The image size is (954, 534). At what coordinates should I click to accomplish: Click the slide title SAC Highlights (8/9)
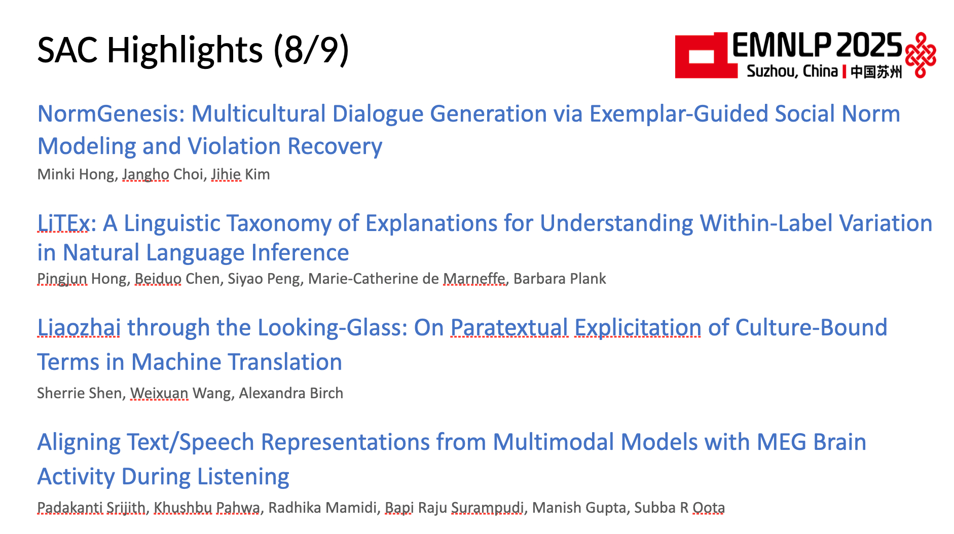pyautogui.click(x=193, y=50)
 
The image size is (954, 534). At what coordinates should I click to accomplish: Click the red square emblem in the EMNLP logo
pyautogui.click(x=706, y=56)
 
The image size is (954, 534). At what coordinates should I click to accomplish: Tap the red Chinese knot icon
pyautogui.click(x=921, y=55)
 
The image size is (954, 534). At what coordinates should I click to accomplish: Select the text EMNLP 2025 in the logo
pyautogui.click(x=817, y=46)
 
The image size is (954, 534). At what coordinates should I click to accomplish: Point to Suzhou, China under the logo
pyautogui.click(x=792, y=71)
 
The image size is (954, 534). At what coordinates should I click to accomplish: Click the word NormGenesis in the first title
pyautogui.click(x=111, y=113)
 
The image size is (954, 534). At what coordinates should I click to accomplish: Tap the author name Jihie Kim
pyautogui.click(x=240, y=174)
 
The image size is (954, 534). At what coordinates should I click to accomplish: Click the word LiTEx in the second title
pyautogui.click(x=63, y=223)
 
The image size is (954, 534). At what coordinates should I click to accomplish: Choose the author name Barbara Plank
pyautogui.click(x=560, y=279)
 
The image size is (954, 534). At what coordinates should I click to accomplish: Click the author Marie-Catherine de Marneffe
pyautogui.click(x=407, y=279)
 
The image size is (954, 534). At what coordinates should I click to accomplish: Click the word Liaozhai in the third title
pyautogui.click(x=79, y=327)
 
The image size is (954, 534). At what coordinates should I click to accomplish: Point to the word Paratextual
pyautogui.click(x=509, y=327)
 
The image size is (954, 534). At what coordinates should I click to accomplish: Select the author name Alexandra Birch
pyautogui.click(x=291, y=393)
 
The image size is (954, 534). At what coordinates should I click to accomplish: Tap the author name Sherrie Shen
pyautogui.click(x=80, y=393)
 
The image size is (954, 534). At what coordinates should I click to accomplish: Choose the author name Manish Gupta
pyautogui.click(x=579, y=508)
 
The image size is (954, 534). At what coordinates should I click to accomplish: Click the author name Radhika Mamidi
pyautogui.click(x=322, y=508)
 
